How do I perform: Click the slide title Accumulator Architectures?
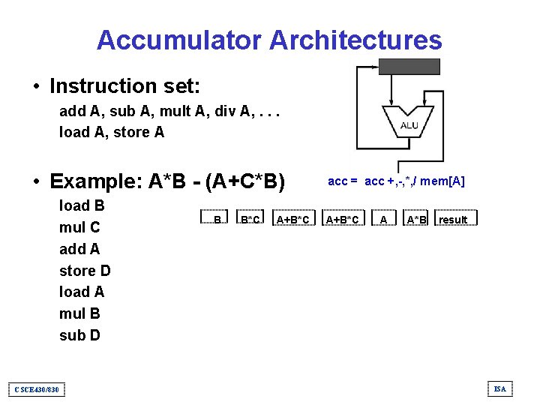tap(269, 40)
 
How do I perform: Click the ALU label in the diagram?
tap(409, 125)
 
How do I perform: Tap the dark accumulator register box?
tap(409, 66)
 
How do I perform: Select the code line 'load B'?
tap(82, 205)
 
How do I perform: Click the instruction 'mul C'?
tap(79, 227)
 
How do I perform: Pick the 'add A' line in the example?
tap(79, 249)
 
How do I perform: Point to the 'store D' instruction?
tap(85, 271)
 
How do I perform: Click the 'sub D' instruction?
tap(79, 335)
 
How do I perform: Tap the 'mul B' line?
tap(79, 313)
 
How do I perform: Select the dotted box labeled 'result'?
tap(454, 219)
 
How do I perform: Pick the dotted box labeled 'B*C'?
tap(250, 219)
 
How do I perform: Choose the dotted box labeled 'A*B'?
tap(417, 219)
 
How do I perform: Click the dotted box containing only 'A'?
tap(384, 219)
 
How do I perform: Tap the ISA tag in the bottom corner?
tap(500, 388)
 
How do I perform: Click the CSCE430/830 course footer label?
tap(37, 389)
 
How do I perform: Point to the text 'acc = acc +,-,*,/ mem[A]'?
tap(397, 181)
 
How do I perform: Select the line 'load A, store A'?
tap(112, 133)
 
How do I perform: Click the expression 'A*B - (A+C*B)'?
tap(217, 181)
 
